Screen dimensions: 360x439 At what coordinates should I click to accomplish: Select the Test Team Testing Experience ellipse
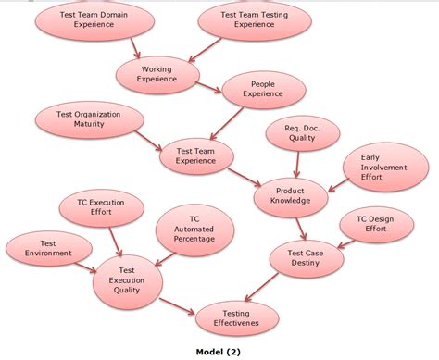tap(255, 20)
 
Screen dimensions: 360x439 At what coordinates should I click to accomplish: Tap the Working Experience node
tap(157, 74)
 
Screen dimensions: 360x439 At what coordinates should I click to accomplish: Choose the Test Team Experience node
tap(196, 155)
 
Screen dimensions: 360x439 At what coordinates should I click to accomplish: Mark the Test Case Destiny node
tap(305, 256)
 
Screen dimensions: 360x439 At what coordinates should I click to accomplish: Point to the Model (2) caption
tap(221, 352)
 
